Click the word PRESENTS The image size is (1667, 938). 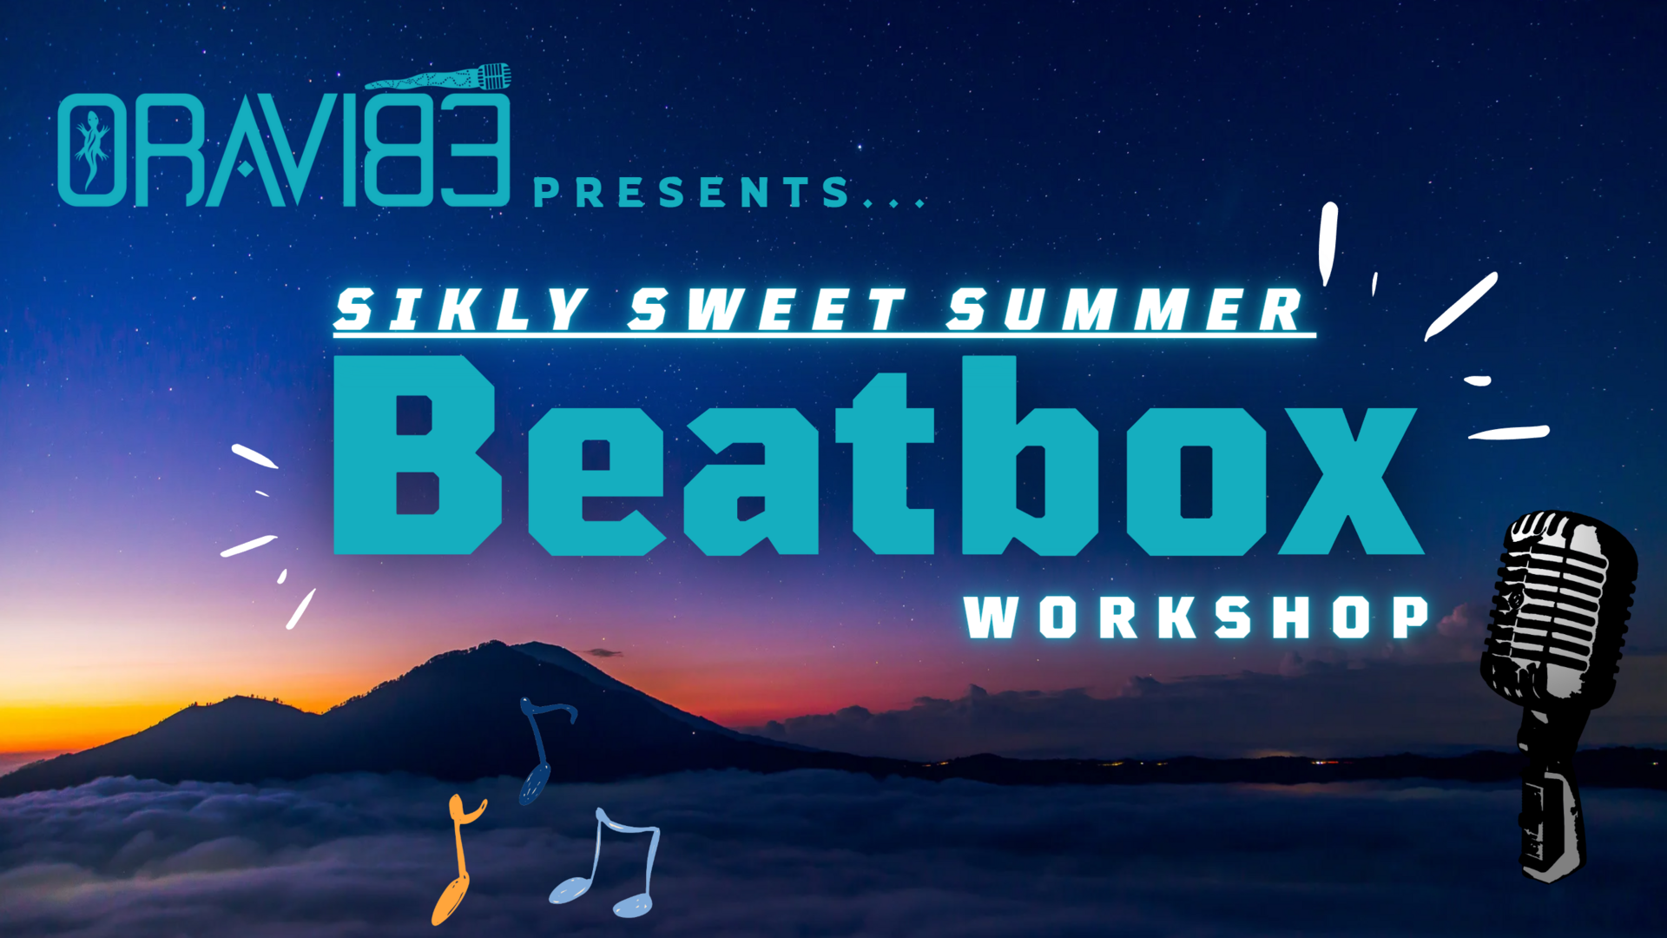point(691,192)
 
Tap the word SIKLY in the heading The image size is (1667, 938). point(460,309)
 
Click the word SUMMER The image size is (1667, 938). point(1125,309)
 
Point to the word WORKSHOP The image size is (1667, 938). point(1196,617)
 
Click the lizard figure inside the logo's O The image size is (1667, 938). point(92,149)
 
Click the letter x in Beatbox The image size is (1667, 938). point(1350,481)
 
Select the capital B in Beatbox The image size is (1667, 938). point(418,454)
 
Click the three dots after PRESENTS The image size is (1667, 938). point(894,203)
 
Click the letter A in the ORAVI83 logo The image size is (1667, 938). point(246,150)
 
